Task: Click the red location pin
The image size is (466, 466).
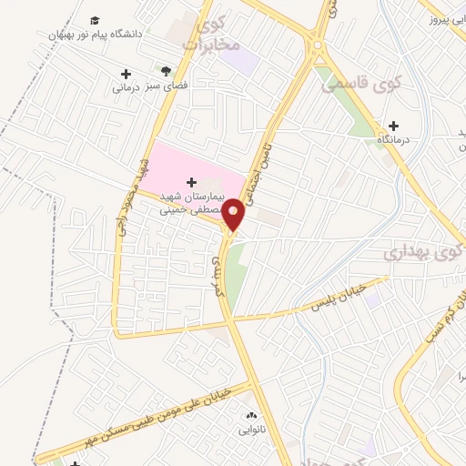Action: (x=233, y=214)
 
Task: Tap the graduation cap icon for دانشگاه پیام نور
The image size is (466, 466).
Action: (x=96, y=20)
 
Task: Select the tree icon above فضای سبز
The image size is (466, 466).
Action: (x=165, y=70)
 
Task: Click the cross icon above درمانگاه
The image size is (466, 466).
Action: (x=393, y=126)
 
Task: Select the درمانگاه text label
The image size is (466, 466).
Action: (x=394, y=141)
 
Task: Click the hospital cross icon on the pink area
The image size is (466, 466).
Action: (x=191, y=183)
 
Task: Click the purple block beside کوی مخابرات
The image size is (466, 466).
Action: (x=242, y=60)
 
